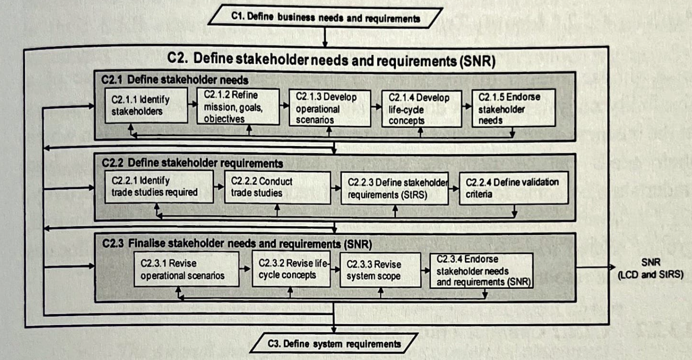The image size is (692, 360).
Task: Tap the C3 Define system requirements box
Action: coord(334,344)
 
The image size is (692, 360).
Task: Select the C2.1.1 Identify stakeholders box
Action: coord(146,105)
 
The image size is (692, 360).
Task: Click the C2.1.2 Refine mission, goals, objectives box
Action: coord(238,107)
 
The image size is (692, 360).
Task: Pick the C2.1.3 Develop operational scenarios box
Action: coord(330,108)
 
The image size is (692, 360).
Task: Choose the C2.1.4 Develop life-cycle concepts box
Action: coord(421,109)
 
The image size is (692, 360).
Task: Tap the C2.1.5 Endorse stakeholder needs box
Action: coord(513,108)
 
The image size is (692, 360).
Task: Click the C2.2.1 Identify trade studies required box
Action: coord(159,186)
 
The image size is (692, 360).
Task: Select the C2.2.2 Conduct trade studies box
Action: coord(277,187)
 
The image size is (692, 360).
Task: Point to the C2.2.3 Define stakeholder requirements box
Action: coord(395,188)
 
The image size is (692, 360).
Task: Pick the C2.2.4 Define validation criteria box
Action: coord(513,188)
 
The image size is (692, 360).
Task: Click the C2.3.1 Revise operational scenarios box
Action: coord(186,269)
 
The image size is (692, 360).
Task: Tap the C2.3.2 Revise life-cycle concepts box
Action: coord(291,269)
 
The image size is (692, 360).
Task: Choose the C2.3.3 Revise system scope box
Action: coord(380,270)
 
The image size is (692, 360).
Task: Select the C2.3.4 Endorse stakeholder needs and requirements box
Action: coord(481,271)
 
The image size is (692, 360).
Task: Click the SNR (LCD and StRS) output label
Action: coord(650,268)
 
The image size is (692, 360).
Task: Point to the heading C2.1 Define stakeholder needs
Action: coord(175,80)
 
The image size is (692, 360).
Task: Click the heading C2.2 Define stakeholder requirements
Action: coord(192,163)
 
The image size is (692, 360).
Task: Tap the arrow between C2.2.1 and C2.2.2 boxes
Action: coord(219,187)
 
